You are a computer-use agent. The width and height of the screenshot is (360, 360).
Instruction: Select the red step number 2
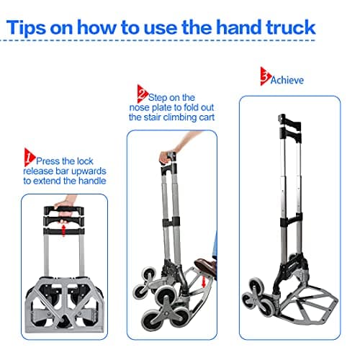tap(141, 91)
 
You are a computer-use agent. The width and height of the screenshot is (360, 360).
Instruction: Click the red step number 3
tap(266, 74)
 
